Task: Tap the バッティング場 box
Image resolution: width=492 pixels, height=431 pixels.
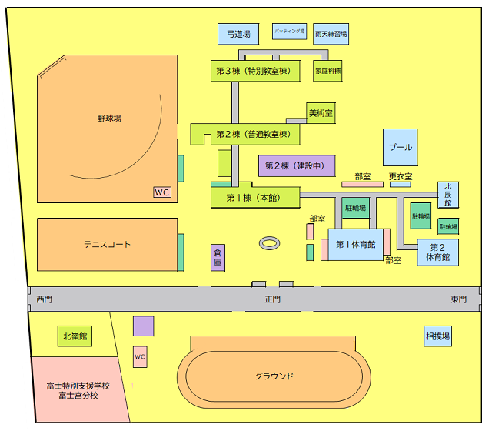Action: [x=290, y=32]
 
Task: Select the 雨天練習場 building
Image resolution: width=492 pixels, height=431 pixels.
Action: [x=331, y=34]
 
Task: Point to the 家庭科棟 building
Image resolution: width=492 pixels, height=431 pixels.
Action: [x=327, y=71]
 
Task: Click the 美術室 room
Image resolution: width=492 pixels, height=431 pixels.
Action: [x=321, y=113]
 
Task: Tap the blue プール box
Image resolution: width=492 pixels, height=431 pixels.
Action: [x=400, y=147]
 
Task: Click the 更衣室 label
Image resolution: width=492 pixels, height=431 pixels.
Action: [x=400, y=177]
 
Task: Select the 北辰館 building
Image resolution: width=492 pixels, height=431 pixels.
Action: [x=448, y=194]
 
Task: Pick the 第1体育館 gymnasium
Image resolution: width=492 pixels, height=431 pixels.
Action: [x=355, y=245]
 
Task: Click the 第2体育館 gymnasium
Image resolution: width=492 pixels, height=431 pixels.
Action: [x=438, y=252]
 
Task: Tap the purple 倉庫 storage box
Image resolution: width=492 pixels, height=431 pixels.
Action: [x=218, y=258]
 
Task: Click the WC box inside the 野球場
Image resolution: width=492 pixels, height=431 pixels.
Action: [x=162, y=192]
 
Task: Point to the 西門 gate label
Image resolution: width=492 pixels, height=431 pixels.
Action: [x=44, y=299]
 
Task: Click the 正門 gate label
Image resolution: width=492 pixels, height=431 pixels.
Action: [x=273, y=299]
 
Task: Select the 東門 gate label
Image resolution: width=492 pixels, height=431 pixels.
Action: [x=459, y=299]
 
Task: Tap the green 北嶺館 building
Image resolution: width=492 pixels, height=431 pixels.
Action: [x=75, y=336]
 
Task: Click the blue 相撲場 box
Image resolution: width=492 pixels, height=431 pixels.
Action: [x=438, y=336]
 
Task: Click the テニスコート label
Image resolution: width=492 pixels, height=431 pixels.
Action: [x=108, y=245]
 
